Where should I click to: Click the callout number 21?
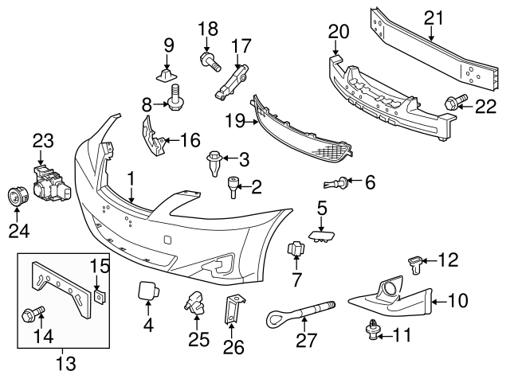(x=432, y=17)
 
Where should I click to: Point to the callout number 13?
(x=66, y=363)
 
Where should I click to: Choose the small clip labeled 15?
(x=98, y=296)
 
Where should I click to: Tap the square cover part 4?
(x=147, y=290)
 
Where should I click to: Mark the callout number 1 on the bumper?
(x=129, y=180)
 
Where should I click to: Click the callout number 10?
(x=458, y=300)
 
